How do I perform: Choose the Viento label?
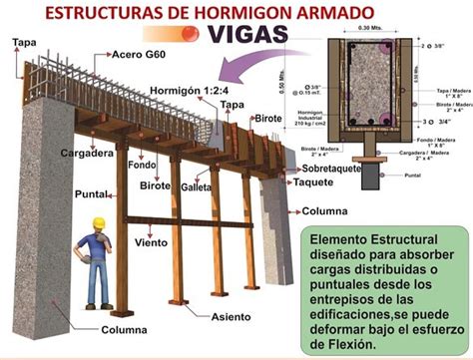click(151, 242)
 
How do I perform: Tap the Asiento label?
click(231, 317)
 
